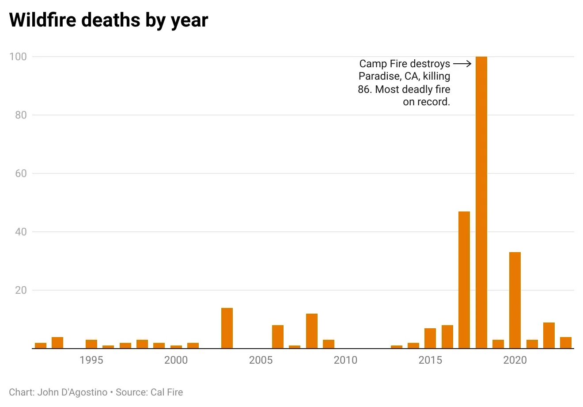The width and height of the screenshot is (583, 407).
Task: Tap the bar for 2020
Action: coord(515,300)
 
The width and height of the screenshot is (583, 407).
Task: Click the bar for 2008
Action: coord(312,331)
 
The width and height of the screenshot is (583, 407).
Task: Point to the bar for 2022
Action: coord(549,335)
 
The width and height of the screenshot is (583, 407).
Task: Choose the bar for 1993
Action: coord(57,343)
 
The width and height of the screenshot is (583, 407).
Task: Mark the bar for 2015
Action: coord(430,338)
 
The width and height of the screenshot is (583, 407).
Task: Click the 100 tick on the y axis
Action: coord(18,57)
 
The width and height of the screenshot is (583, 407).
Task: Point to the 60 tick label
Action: coord(20,173)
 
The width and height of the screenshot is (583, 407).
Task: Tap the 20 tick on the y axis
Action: coord(20,290)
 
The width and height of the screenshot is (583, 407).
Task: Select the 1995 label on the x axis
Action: coord(91,360)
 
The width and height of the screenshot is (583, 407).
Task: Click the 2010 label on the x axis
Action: coord(345,360)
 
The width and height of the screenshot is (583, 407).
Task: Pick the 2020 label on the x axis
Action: coord(515,360)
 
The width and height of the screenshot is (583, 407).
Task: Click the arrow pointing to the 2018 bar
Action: coord(462,64)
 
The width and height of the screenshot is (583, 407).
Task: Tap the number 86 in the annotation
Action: coord(365,89)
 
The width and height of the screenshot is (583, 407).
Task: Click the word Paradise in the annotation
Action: coord(379,76)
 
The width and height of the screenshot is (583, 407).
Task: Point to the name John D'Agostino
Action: coord(72,392)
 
